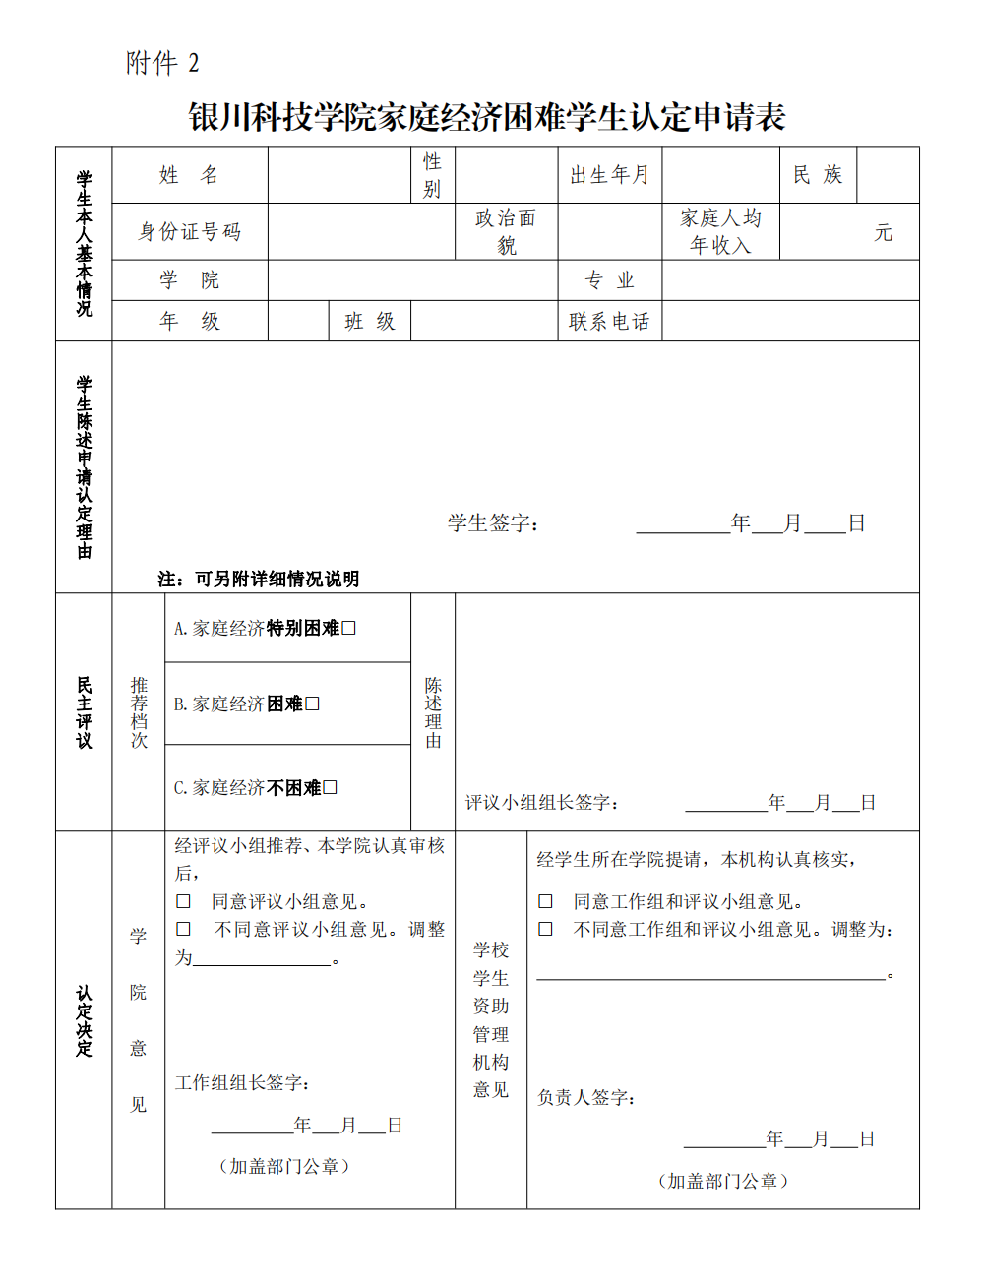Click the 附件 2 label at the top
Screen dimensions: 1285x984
point(162,63)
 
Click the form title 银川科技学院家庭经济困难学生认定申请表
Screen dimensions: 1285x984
point(487,118)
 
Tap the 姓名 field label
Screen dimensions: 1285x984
point(189,175)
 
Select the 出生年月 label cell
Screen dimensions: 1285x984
point(609,175)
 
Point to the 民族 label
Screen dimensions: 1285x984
point(818,175)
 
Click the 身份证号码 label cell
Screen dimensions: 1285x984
point(189,232)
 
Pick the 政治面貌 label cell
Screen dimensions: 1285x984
point(506,232)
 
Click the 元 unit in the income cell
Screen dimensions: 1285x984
point(883,233)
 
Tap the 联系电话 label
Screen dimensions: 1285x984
point(609,322)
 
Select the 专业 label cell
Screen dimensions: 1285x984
point(609,280)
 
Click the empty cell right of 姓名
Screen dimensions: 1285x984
point(338,175)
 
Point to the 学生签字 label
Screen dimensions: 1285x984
point(493,523)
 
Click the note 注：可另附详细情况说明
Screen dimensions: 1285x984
point(259,580)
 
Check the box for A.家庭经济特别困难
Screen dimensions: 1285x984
point(348,628)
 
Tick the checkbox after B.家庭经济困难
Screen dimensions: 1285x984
point(312,704)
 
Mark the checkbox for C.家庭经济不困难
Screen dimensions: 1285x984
point(331,787)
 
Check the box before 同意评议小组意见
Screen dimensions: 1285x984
point(183,901)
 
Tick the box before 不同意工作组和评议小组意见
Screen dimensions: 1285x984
point(545,929)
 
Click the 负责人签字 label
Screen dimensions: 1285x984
point(585,1097)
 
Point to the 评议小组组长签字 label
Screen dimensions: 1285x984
point(542,803)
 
